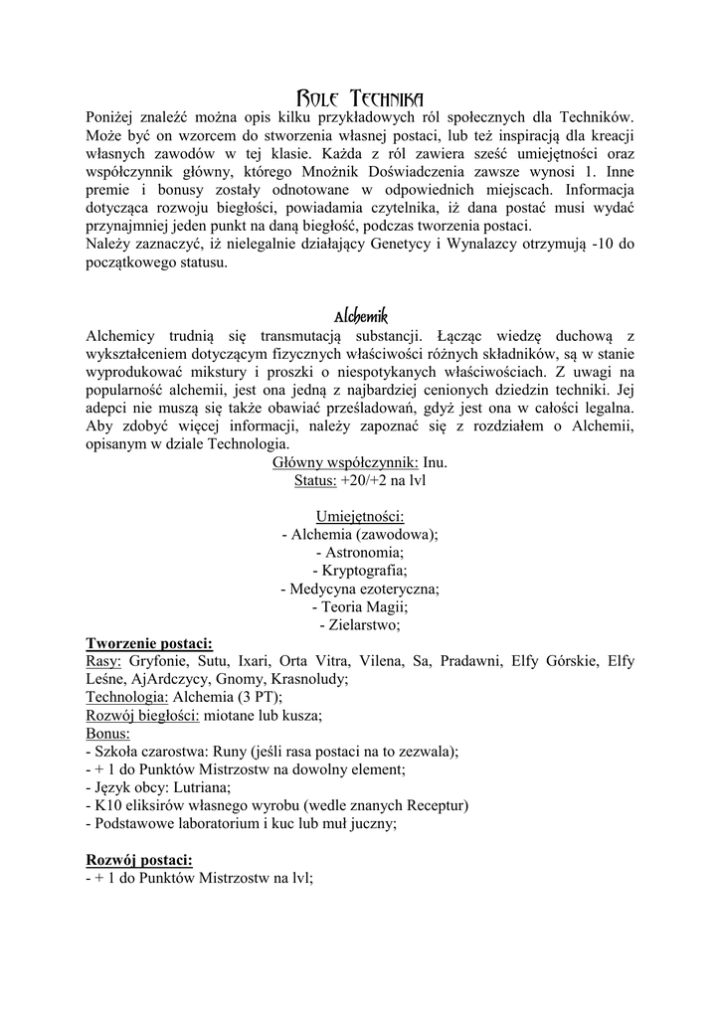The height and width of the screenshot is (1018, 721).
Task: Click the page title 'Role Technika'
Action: tap(360, 97)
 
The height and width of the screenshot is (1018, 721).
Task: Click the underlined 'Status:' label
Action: tap(315, 480)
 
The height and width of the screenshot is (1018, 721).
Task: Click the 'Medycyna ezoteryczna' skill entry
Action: tap(363, 589)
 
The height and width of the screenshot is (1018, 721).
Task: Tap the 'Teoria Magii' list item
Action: tap(363, 606)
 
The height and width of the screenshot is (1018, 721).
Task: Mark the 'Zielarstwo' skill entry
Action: tap(363, 624)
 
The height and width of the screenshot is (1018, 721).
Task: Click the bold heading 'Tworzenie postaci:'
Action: tap(149, 643)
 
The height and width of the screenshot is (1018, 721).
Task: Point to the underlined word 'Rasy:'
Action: tap(104, 661)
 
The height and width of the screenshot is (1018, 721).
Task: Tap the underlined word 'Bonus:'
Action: tap(108, 734)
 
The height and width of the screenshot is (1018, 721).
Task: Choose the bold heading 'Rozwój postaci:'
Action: tap(140, 859)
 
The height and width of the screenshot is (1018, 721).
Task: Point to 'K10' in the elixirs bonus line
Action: tap(106, 805)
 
